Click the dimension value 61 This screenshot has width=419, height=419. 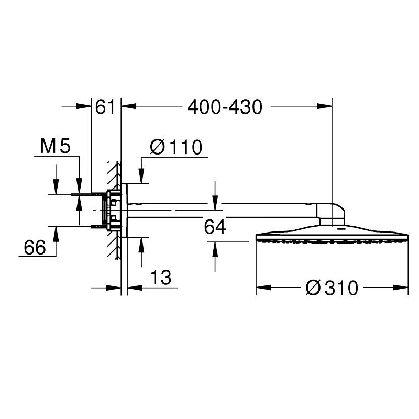[105, 107]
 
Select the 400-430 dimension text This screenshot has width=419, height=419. [225, 107]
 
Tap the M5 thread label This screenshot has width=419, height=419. [56, 146]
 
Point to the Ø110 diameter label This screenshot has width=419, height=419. [176, 147]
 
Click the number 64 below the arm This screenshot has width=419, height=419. [215, 227]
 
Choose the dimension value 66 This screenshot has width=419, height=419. [35, 247]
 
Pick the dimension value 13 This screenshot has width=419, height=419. [160, 277]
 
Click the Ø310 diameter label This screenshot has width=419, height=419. [332, 288]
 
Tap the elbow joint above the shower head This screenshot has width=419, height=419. [331, 214]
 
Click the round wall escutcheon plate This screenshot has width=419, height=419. [124, 211]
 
